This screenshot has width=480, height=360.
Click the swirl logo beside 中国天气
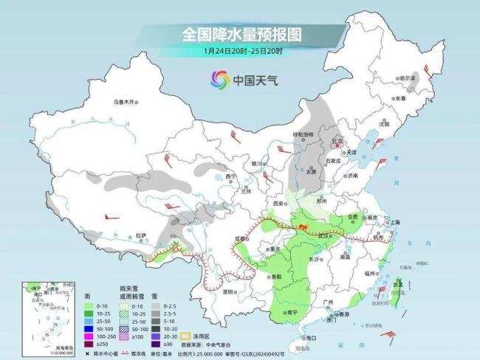point(220,79)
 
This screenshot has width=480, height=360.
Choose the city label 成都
point(239,239)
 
